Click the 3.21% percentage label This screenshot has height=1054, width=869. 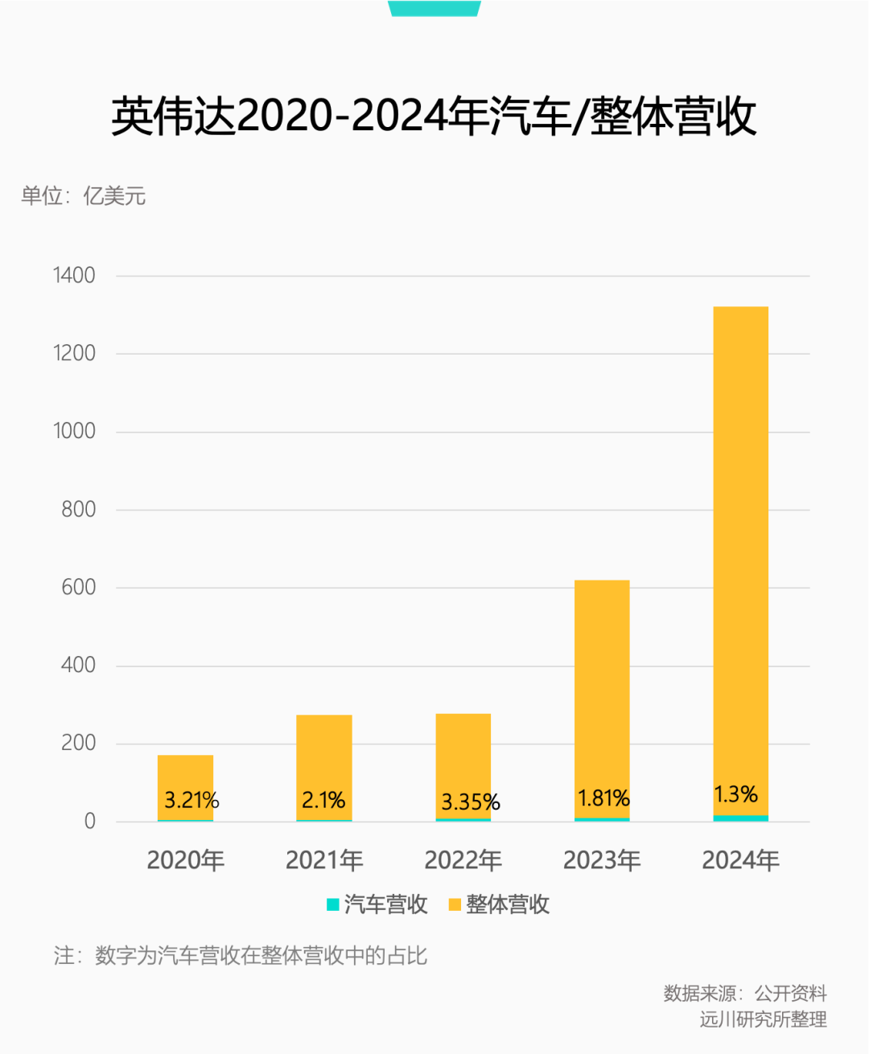coord(192,800)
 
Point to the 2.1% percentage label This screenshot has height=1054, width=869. coord(323,800)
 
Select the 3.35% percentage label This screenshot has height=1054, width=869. coord(470,802)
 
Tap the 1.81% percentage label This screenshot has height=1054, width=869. coord(603,798)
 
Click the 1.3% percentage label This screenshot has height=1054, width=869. coord(735,794)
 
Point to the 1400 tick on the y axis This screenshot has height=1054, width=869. coord(74,276)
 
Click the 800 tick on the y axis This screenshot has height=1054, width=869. coord(78,510)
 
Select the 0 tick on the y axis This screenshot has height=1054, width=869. coord(89,821)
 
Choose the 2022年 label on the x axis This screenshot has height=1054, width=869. coord(463,860)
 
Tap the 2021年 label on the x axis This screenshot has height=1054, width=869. coord(324,860)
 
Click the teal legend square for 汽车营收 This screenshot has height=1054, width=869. coord(332,904)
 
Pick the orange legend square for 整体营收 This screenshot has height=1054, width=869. coord(455,904)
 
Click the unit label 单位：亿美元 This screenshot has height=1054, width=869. coord(84,195)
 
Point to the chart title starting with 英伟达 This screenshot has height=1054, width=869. coord(434,117)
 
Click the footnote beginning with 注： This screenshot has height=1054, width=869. coord(240,955)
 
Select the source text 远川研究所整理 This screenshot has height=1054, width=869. coord(763,1019)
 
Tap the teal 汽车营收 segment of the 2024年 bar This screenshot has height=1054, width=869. coord(740,818)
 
